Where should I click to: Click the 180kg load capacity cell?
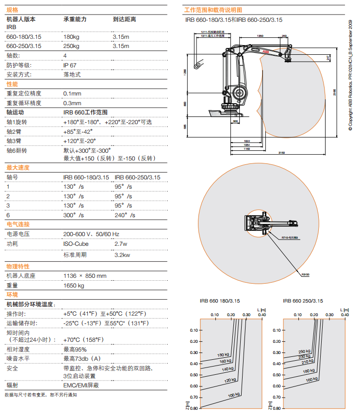tap(71, 37)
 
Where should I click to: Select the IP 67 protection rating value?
tap(69, 65)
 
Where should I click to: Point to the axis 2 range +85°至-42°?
tap(78, 131)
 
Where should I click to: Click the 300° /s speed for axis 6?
tap(74, 215)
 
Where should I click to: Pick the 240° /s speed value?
tap(125, 215)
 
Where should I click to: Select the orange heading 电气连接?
tap(18, 224)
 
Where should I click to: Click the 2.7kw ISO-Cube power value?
tap(121, 243)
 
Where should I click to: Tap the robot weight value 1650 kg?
tap(74, 286)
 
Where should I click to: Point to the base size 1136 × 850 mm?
tap(85, 276)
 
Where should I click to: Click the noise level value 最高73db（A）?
tap(82, 359)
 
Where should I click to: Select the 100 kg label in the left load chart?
tap(234, 395)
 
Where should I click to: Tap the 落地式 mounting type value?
tap(72, 75)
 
